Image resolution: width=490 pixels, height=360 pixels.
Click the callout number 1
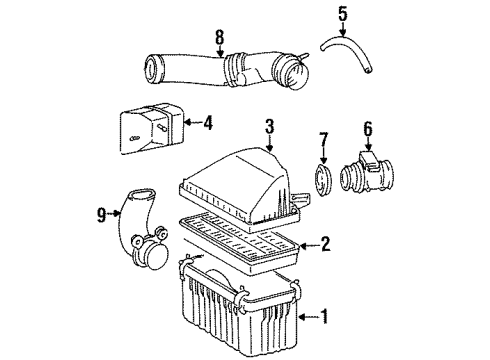(324, 319)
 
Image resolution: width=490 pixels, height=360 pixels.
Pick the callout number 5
(343, 14)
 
